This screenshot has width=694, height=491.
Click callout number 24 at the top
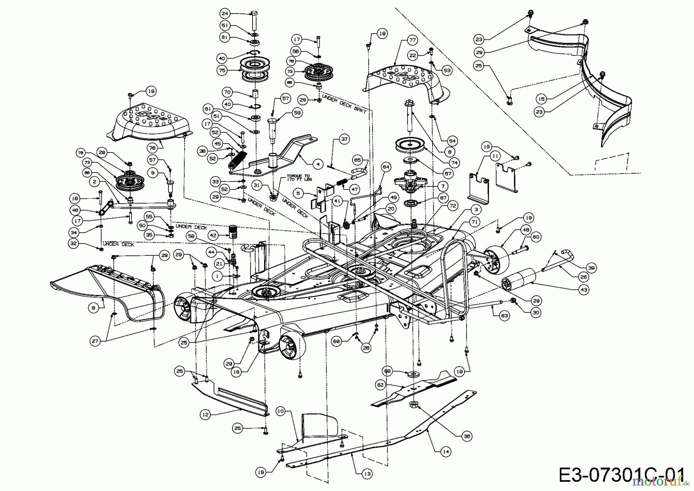pyautogui.click(x=225, y=14)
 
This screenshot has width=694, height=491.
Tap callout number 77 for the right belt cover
pyautogui.click(x=412, y=40)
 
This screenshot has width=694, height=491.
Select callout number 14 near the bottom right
pyautogui.click(x=446, y=451)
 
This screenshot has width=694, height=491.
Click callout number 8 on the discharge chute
pyautogui.click(x=93, y=308)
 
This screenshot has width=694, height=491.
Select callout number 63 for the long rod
pyautogui.click(x=505, y=316)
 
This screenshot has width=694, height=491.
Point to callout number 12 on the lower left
pyautogui.click(x=205, y=415)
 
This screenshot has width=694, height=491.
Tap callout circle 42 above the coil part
pyautogui.click(x=212, y=235)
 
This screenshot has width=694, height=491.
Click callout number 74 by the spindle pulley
pyautogui.click(x=455, y=163)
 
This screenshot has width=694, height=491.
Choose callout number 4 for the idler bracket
pyautogui.click(x=318, y=164)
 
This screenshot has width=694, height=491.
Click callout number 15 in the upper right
pyautogui.click(x=542, y=99)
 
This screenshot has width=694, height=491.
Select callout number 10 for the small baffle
pyautogui.click(x=280, y=411)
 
